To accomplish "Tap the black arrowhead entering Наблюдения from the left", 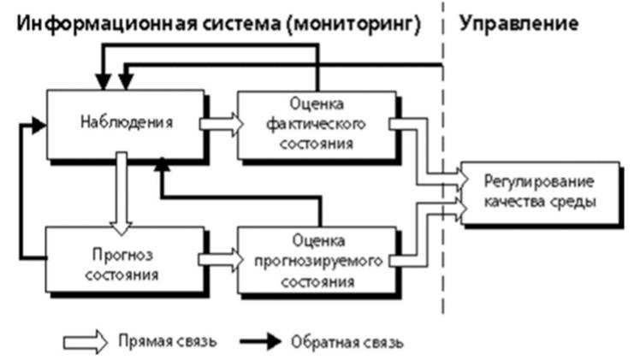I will (38, 127).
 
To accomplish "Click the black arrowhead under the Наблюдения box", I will (159, 166).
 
